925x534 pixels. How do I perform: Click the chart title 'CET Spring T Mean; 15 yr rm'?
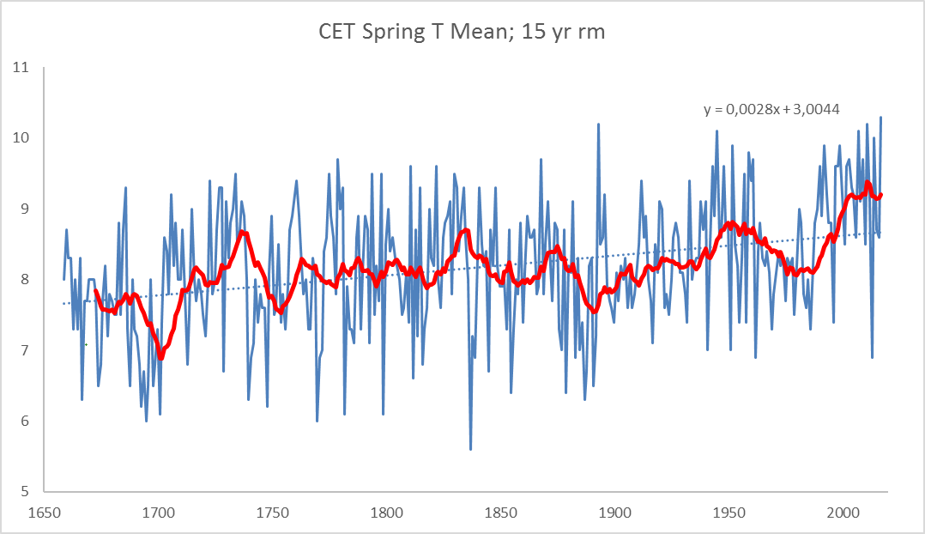[462, 33]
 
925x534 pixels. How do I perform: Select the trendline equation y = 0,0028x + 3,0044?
[771, 109]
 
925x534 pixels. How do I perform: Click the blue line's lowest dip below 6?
[470, 449]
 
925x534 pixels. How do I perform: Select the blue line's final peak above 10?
[880, 118]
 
